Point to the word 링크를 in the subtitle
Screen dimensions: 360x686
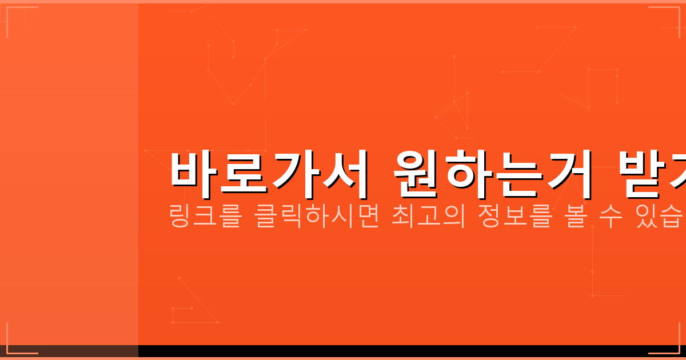pyautogui.click(x=205, y=217)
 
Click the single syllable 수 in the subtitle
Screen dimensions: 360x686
pyautogui.click(x=611, y=217)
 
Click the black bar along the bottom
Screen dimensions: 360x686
pyautogui.click(x=400, y=351)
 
